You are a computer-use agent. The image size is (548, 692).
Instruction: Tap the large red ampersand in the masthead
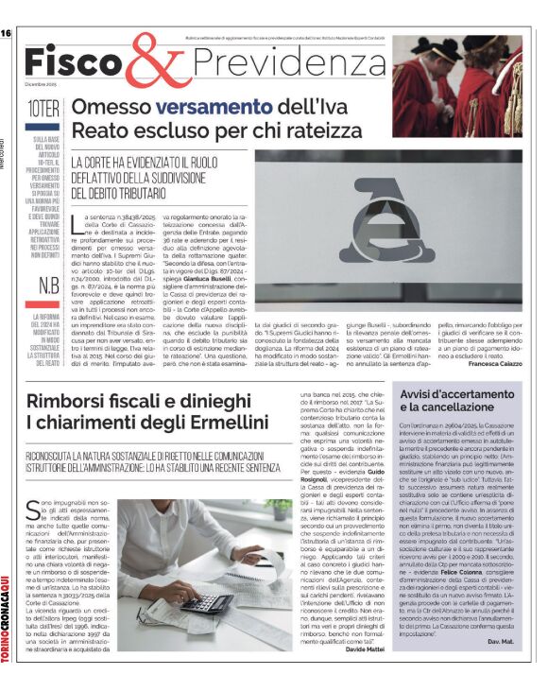(161, 62)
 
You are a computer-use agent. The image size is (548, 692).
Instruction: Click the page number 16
(6, 33)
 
